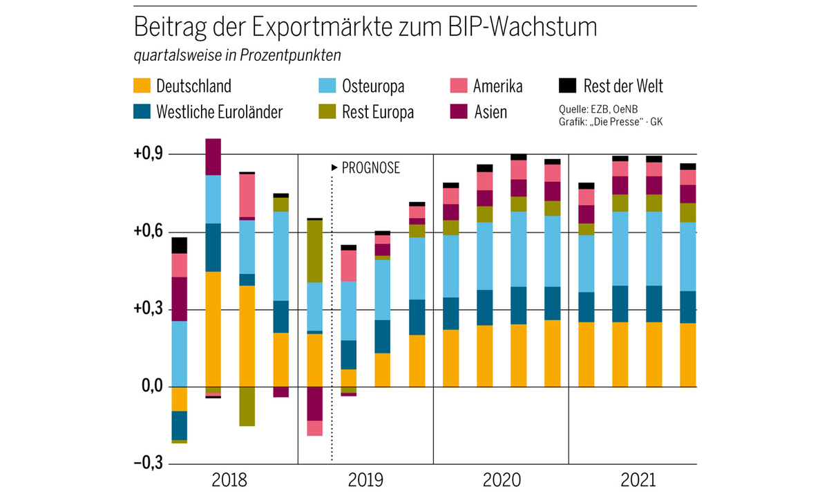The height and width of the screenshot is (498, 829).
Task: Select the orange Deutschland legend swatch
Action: (x=140, y=86)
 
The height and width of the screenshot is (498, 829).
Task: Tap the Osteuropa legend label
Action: (x=373, y=86)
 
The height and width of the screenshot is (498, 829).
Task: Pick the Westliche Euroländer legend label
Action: (x=219, y=112)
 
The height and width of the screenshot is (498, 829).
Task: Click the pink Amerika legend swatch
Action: (x=459, y=86)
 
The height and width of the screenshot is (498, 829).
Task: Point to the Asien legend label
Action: (x=490, y=112)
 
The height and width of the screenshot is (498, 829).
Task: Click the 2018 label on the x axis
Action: (x=231, y=480)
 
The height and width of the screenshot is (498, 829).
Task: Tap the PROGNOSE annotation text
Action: (x=371, y=168)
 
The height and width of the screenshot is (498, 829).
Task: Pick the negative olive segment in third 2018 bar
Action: (x=247, y=406)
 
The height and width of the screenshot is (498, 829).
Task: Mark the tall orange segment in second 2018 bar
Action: (x=213, y=332)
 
